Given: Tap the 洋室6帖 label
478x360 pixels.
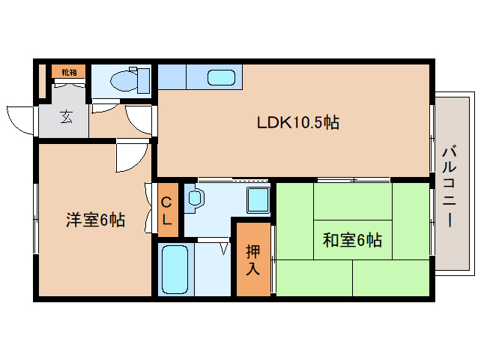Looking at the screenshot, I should pos(95,220).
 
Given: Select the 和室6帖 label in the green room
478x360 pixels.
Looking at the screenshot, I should pos(352,241).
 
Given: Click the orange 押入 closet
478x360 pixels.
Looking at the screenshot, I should pos(253,259).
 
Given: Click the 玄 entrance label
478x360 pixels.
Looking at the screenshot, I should pos(67,117).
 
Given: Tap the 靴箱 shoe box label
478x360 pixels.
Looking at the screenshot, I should pos(69,72).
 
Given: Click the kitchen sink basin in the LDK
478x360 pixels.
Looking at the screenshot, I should pos(220,76).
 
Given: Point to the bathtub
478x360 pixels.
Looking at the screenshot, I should pos(176,268).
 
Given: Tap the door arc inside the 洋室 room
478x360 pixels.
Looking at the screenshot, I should pos(132,156).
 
